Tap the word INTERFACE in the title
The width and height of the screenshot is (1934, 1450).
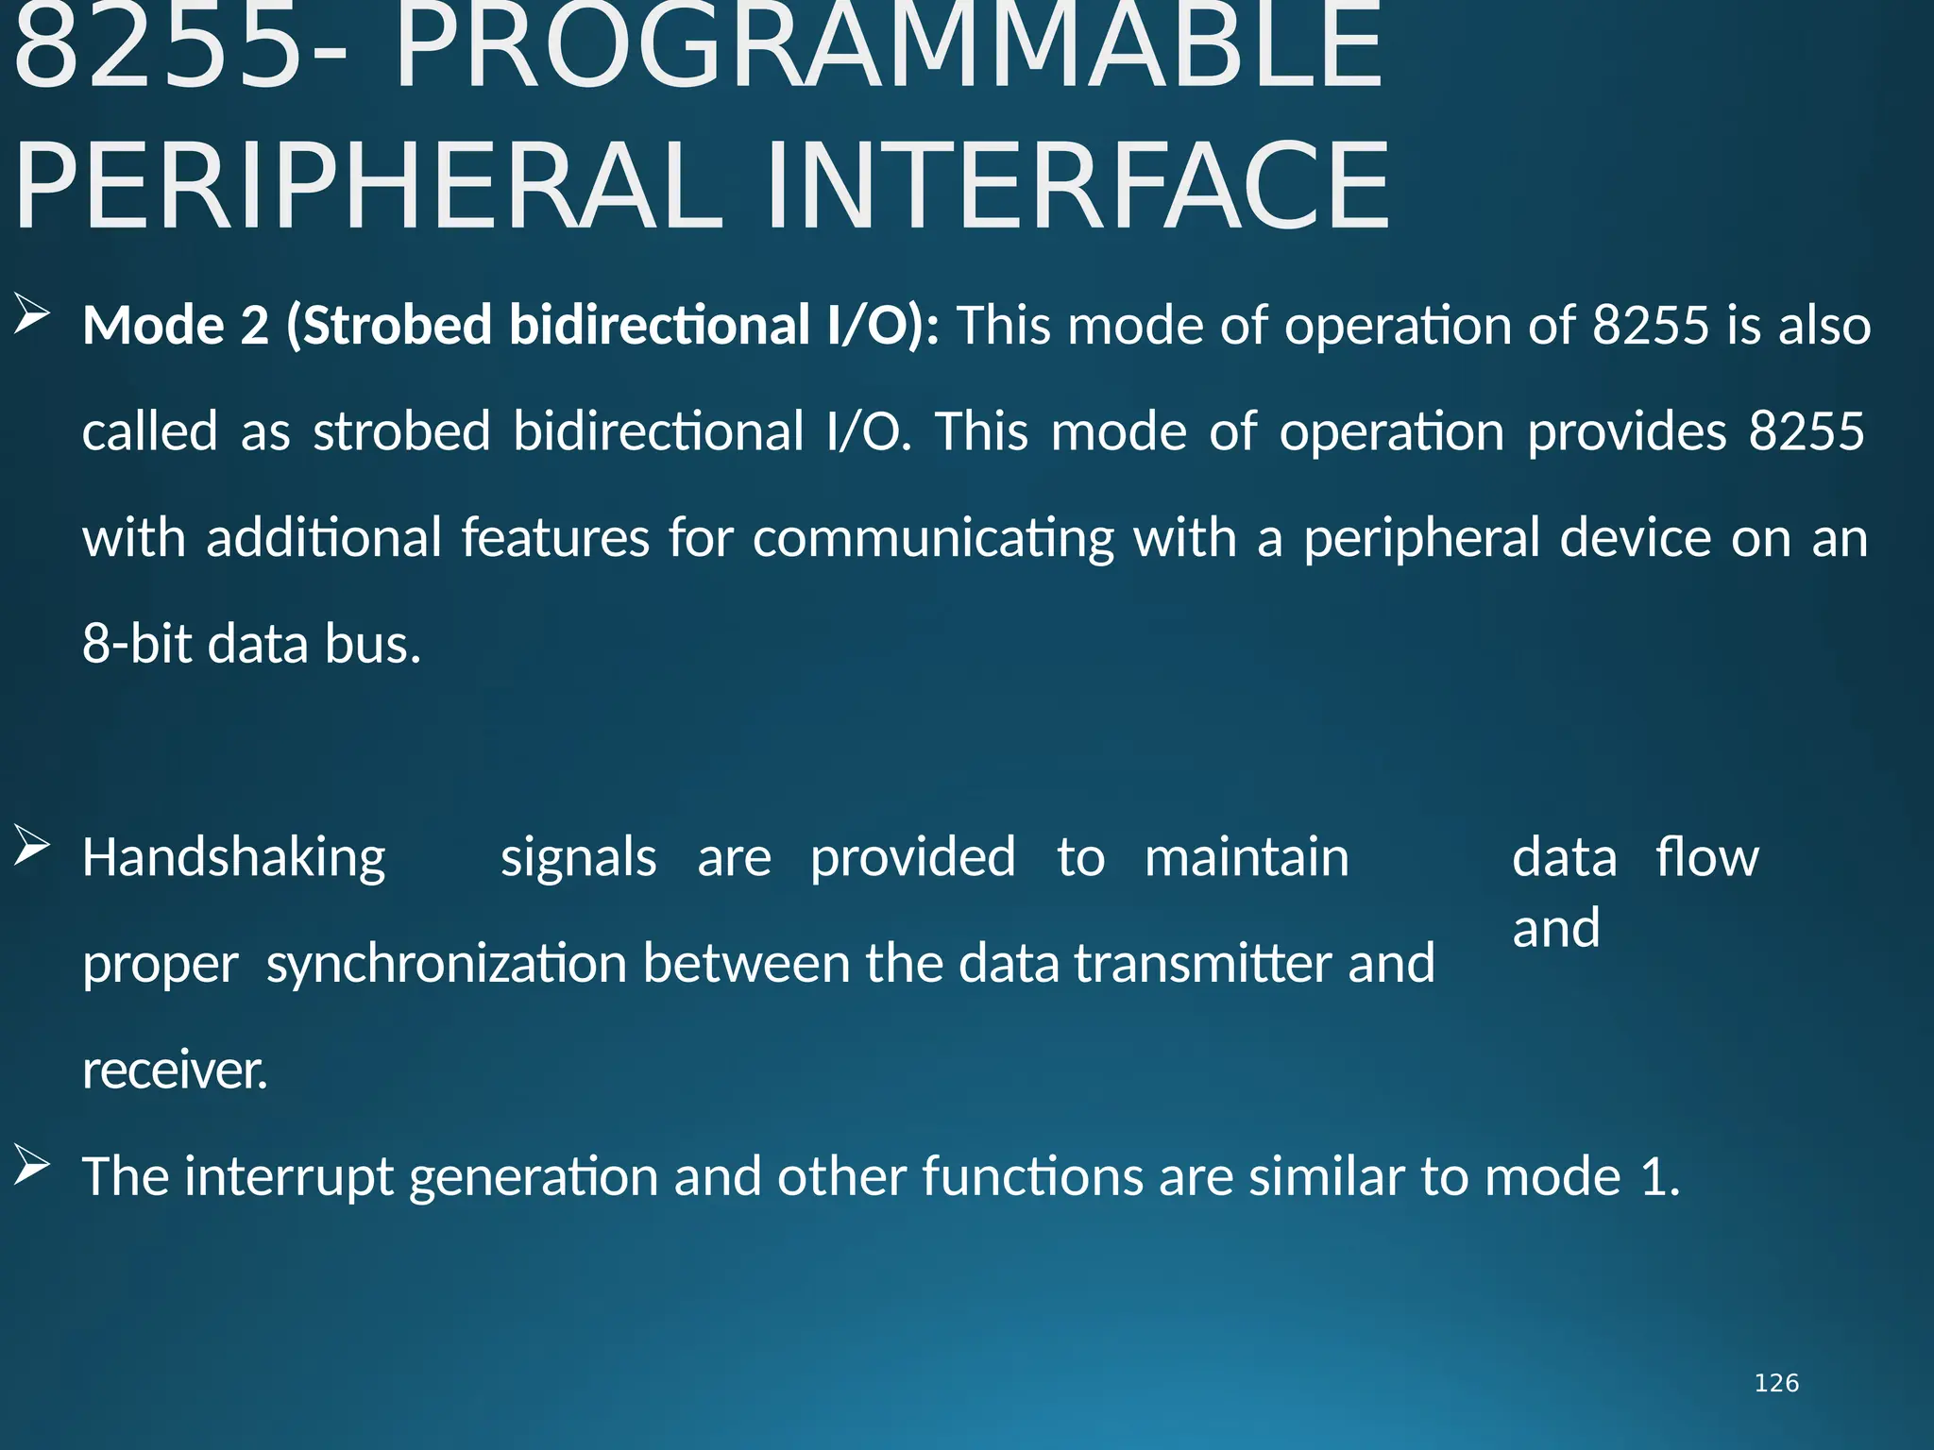[1077, 186]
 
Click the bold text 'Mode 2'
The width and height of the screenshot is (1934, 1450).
[176, 325]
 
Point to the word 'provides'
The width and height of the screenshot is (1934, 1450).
[1626, 431]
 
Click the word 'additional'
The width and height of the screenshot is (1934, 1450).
[324, 538]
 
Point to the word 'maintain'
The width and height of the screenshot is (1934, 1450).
[1247, 857]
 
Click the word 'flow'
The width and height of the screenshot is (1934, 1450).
[1706, 857]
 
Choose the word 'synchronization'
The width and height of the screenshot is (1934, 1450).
[446, 965]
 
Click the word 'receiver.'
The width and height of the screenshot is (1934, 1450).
[175, 1071]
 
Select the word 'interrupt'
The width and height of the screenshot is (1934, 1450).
[289, 1178]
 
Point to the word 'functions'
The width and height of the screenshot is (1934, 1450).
[1032, 1177]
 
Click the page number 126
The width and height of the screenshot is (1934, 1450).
[1775, 1383]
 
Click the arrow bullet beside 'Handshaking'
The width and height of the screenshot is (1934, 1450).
[31, 846]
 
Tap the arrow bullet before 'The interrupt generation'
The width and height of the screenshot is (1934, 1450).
[31, 1167]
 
